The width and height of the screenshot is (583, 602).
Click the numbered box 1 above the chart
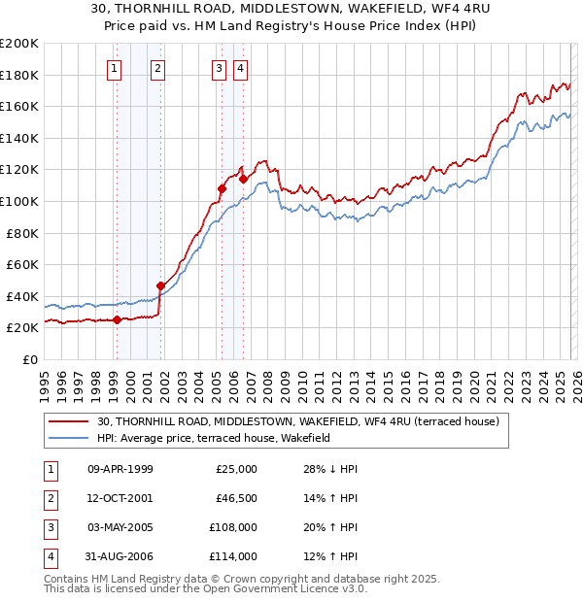click(x=116, y=68)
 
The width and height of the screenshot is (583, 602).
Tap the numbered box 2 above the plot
click(x=157, y=68)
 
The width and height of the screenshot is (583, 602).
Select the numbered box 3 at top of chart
click(x=220, y=68)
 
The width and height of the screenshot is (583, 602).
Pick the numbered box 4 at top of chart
click(x=239, y=68)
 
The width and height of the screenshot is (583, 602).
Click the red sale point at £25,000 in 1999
click(x=117, y=319)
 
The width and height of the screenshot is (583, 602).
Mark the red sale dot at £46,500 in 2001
click(x=160, y=285)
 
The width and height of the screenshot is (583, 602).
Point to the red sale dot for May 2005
click(x=222, y=188)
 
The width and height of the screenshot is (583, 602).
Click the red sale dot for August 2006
click(x=244, y=179)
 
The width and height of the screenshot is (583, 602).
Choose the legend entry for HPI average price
click(x=214, y=438)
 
